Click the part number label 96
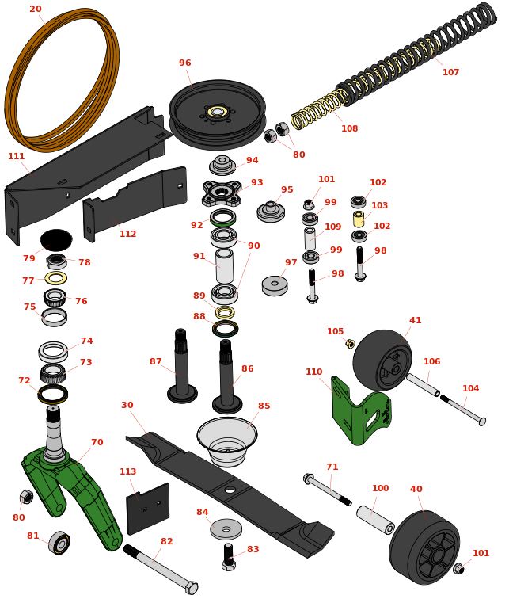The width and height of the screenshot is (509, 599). tap(185, 63)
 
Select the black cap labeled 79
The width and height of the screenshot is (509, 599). tap(56, 240)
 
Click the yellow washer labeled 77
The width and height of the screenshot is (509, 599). tap(56, 278)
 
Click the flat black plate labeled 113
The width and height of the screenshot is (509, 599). tap(148, 509)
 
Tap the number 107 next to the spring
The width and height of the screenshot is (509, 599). tap(450, 72)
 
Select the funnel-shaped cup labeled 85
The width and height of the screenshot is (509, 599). tap(227, 441)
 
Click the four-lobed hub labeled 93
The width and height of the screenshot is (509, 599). tap(222, 193)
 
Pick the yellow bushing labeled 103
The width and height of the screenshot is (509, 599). tap(359, 219)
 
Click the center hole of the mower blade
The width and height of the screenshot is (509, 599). tap(230, 490)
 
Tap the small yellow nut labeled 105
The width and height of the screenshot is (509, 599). tap(350, 343)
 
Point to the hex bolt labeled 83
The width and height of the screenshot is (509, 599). tap(229, 557)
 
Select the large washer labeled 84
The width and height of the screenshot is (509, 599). tap(226, 529)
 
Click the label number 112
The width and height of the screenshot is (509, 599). tap(127, 234)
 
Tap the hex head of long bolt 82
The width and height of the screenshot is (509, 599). tap(191, 588)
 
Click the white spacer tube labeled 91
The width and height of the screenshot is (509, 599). tap(224, 265)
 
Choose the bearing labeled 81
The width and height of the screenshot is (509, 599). tap(59, 543)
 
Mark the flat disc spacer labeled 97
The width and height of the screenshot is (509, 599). tap(275, 285)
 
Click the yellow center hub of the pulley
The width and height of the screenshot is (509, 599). tap(218, 112)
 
